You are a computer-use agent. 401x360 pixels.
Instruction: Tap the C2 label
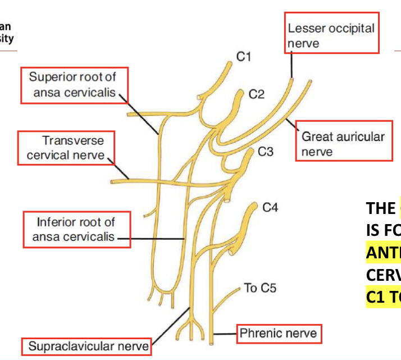tap(256, 94)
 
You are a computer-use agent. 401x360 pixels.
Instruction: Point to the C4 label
tap(270, 208)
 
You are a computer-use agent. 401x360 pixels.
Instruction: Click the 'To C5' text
tap(260, 288)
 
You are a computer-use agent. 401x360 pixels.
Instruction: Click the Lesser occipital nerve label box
tap(331, 35)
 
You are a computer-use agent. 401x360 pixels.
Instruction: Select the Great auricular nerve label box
tap(343, 144)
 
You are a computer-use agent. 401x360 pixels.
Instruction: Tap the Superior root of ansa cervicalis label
tap(74, 85)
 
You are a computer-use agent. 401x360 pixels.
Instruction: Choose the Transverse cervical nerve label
tap(66, 148)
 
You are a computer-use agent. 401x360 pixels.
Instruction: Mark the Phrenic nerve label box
tap(278, 334)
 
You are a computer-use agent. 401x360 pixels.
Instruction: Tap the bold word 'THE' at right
tap(381, 208)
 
